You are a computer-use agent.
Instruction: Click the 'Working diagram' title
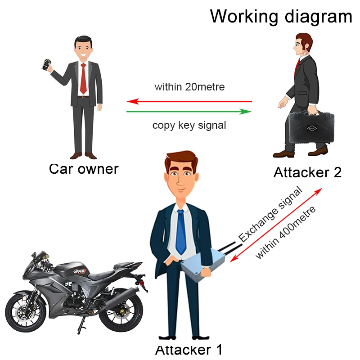point(281,16)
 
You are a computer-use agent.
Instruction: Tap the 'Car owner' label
point(84,169)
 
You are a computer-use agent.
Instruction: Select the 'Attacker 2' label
point(307,172)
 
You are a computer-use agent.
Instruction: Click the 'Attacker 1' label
point(189,350)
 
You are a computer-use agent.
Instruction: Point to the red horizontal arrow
point(189,101)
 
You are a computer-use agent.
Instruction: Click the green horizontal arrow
point(189,111)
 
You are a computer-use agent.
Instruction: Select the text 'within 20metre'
point(189,87)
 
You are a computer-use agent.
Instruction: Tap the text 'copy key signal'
point(189,125)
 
